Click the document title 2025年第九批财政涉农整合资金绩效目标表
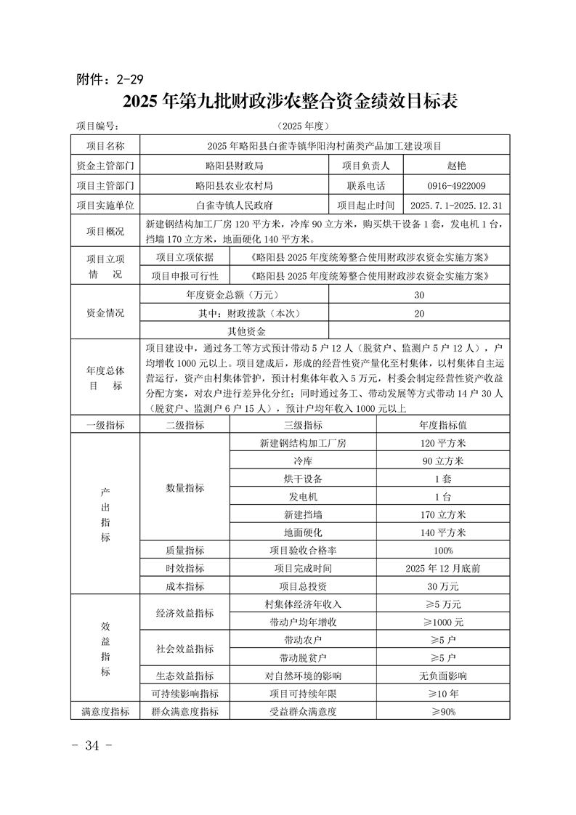290,101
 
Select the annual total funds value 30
419,295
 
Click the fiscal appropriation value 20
419,313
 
